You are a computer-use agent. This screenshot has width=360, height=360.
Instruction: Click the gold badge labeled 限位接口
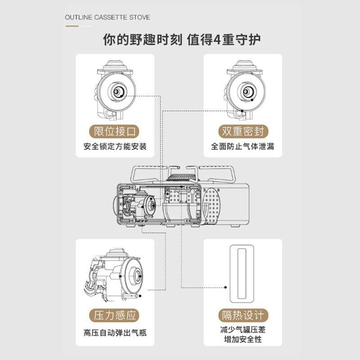(116, 131)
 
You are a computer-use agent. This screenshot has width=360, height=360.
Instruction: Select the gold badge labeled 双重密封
(243, 131)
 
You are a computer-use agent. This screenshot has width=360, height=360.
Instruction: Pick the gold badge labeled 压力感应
(116, 317)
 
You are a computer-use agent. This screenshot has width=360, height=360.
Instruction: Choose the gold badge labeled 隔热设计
(243, 317)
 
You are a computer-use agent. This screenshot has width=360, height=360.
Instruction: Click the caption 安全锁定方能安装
(115, 146)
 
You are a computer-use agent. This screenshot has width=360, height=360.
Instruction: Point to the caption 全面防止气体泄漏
(243, 146)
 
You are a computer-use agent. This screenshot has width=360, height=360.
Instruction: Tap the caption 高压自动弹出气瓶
(115, 333)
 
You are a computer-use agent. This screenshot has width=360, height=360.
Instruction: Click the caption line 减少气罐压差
(243, 331)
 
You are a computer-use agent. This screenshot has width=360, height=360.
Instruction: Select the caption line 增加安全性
(243, 341)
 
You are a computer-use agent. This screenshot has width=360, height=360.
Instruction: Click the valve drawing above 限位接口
(115, 90)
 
